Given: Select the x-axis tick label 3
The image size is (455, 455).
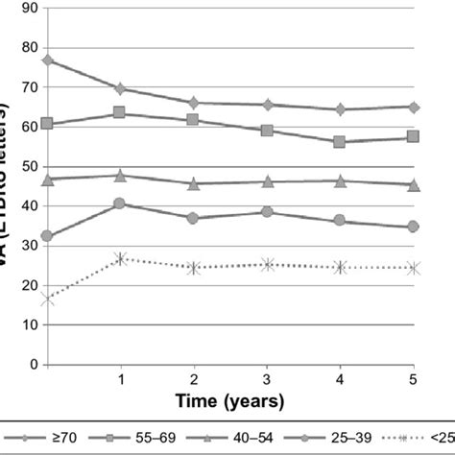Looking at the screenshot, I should (268, 381).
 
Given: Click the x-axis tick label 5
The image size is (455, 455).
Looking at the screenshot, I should (414, 381).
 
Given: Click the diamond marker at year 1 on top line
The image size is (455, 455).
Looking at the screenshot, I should (120, 88).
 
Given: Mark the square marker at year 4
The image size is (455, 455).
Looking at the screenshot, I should (340, 141).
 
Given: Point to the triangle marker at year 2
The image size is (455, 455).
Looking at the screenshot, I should (194, 183).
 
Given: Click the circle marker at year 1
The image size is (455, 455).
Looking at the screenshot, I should (120, 204).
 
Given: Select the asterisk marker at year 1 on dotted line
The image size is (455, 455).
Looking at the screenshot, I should (120, 258).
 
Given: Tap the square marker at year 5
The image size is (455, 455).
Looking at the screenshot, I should (414, 136).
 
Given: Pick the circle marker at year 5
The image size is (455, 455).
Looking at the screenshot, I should (414, 227).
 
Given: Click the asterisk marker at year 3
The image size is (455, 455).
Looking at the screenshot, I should (268, 264).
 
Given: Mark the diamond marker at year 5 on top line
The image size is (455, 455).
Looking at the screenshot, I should (414, 107).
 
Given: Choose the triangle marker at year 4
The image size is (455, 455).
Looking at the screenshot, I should (340, 180).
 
